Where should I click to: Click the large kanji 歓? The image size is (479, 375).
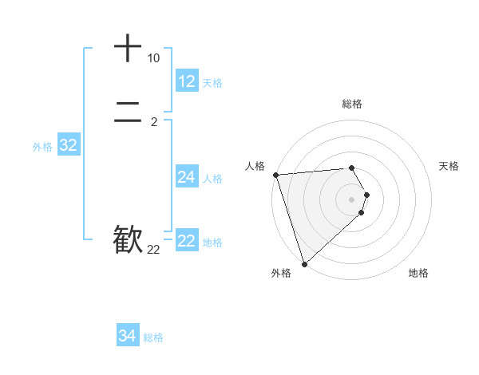pos(128,239)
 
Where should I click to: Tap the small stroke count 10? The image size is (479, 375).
pos(153,58)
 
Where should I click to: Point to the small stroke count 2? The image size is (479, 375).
pos(153,121)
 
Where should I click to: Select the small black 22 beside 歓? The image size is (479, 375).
pos(153,250)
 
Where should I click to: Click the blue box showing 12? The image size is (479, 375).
pos(187,81)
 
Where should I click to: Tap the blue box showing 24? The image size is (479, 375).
pos(187,177)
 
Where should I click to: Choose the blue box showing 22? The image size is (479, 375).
pos(187,241)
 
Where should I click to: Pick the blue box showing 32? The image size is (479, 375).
pos(68,145)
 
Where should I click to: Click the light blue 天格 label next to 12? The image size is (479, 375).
pos(212,83)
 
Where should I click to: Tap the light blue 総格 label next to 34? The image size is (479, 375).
pos(153,337)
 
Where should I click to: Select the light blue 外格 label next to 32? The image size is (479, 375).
pos(42,147)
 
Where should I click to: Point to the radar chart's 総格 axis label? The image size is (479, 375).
pos(352,104)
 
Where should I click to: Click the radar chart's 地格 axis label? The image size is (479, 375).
pos(418,273)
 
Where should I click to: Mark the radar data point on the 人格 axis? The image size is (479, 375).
pos(275,175)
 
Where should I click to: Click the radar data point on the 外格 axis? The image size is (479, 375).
pos(304,263)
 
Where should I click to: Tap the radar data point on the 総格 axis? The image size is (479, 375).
pos(351,168)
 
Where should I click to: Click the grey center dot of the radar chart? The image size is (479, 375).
pos(352,199)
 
